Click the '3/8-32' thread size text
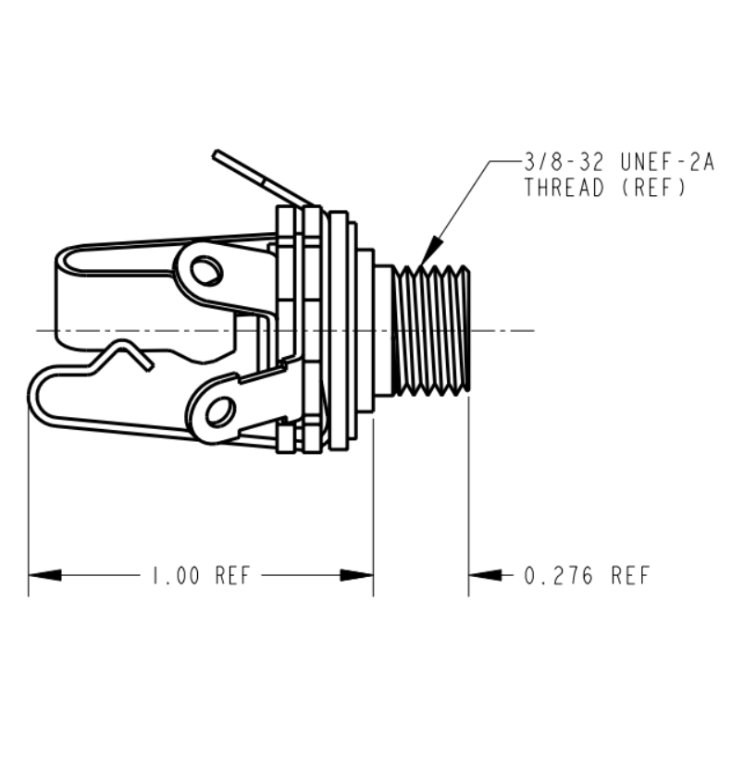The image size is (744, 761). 564,162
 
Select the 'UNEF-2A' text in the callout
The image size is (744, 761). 668,162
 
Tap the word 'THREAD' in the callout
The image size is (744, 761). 564,188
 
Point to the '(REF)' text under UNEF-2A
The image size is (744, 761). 653,188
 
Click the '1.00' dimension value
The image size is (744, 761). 176,575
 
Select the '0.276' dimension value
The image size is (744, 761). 559,576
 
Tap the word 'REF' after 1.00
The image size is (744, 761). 232,575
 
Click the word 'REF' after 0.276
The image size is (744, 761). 630,576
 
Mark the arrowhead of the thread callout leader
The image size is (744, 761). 431,252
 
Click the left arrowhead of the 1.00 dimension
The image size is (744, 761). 44,575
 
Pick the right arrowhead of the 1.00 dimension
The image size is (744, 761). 356,575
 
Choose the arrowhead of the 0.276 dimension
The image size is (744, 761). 485,575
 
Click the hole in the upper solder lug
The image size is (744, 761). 206,271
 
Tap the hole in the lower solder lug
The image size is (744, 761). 221,412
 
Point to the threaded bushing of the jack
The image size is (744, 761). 431,328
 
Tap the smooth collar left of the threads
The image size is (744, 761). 384,330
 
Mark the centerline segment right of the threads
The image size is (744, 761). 502,330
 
